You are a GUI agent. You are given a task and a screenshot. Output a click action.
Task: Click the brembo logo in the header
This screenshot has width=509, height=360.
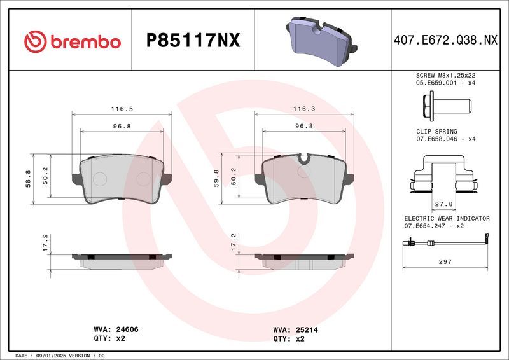pyautogui.click(x=72, y=41)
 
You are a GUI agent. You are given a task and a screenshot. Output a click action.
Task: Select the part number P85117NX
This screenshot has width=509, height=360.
pyautogui.click(x=193, y=41)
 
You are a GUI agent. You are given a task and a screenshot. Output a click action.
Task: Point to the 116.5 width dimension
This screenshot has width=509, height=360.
pyautogui.click(x=122, y=109)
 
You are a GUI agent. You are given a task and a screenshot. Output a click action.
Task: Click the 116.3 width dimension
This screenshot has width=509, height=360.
pyautogui.click(x=305, y=109)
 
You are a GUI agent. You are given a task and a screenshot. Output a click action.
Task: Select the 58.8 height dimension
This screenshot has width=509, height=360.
pyautogui.click(x=28, y=179)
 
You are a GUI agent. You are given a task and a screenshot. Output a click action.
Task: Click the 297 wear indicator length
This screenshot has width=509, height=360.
pyautogui.click(x=445, y=261)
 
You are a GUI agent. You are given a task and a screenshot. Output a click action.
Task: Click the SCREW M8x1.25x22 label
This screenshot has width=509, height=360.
pyautogui.click(x=445, y=75)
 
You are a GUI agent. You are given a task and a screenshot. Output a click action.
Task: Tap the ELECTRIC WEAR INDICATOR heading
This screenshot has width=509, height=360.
pyautogui.click(x=447, y=218)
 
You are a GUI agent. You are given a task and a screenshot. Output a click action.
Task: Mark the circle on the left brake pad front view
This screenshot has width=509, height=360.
pyautogui.click(x=100, y=179)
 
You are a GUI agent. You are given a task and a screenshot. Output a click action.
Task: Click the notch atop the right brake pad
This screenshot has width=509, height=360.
pyautogui.click(x=305, y=158)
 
